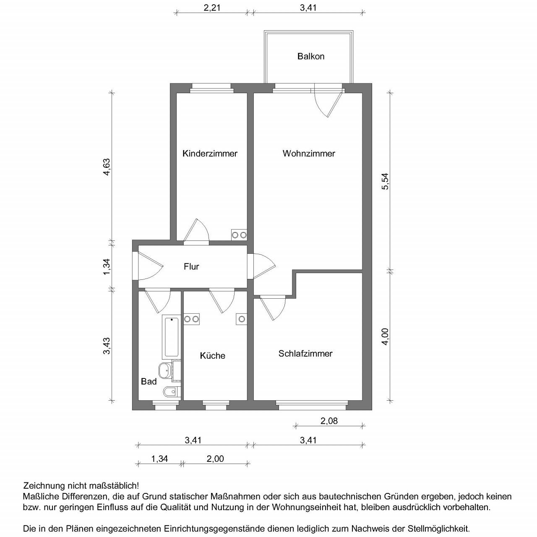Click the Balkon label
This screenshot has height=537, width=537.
point(311,56)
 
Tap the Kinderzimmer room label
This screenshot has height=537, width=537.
point(210,154)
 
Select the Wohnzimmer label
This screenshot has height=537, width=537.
point(309,154)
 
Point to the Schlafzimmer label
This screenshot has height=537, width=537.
point(305,354)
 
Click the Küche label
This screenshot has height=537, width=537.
point(212,356)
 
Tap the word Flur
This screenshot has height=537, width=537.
point(191,266)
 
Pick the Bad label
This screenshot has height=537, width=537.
point(149,381)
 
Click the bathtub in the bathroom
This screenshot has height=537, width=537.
point(171,336)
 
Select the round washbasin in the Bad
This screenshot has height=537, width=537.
point(164,370)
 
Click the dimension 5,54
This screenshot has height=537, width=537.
point(385,182)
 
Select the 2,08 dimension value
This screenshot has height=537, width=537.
point(329,421)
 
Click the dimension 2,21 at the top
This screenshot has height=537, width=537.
point(212,7)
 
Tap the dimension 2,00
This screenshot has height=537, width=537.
point(215,459)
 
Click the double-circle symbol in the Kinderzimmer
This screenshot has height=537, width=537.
point(239,235)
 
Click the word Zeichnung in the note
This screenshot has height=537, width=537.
point(43,486)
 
